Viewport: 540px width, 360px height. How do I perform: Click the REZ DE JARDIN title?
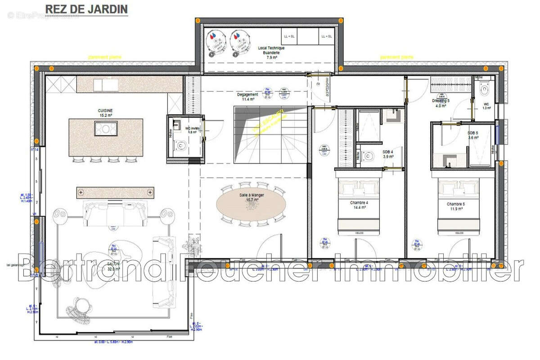pyautogui.click(x=86, y=9)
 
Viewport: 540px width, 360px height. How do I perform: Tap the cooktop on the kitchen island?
pyautogui.click(x=106, y=129)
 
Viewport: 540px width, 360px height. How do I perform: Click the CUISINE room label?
pyautogui.click(x=105, y=113)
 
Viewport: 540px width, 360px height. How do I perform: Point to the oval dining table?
pyautogui.click(x=251, y=202)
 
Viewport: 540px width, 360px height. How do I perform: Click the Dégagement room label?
pyautogui.click(x=247, y=97)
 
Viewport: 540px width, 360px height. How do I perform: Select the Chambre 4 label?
pyautogui.click(x=359, y=205)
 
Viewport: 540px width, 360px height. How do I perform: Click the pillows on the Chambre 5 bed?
pyautogui.click(x=455, y=186)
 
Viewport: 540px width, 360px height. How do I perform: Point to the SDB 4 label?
pyautogui.click(x=387, y=153)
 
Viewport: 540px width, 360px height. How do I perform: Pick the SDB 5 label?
pyautogui.click(x=473, y=135)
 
